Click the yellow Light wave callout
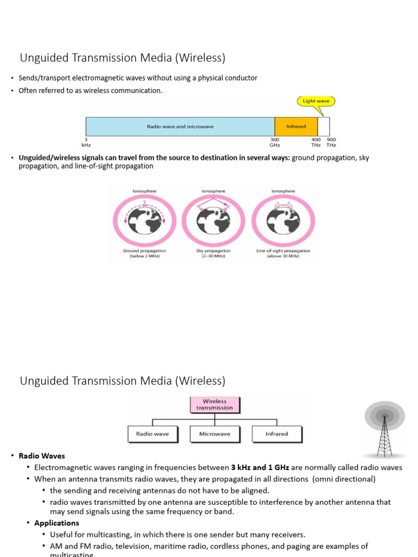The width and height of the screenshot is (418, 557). pos(316,101)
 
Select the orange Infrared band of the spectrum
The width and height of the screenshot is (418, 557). pos(296,126)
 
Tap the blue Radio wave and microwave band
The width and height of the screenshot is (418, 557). pos(180,126)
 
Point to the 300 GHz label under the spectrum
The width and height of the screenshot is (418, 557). pos(275,142)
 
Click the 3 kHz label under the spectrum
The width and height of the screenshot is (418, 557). pos(86,142)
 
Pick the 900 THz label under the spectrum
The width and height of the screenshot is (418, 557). pos(331,142)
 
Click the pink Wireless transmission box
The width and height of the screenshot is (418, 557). pos(214,404)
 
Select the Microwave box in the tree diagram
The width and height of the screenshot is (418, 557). pos(214,434)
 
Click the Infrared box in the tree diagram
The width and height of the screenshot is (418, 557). pos(276,434)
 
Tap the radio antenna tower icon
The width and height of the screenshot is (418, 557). pos(385,430)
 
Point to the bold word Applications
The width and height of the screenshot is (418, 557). pos(57,523)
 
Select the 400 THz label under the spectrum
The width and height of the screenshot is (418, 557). pos(316,142)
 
